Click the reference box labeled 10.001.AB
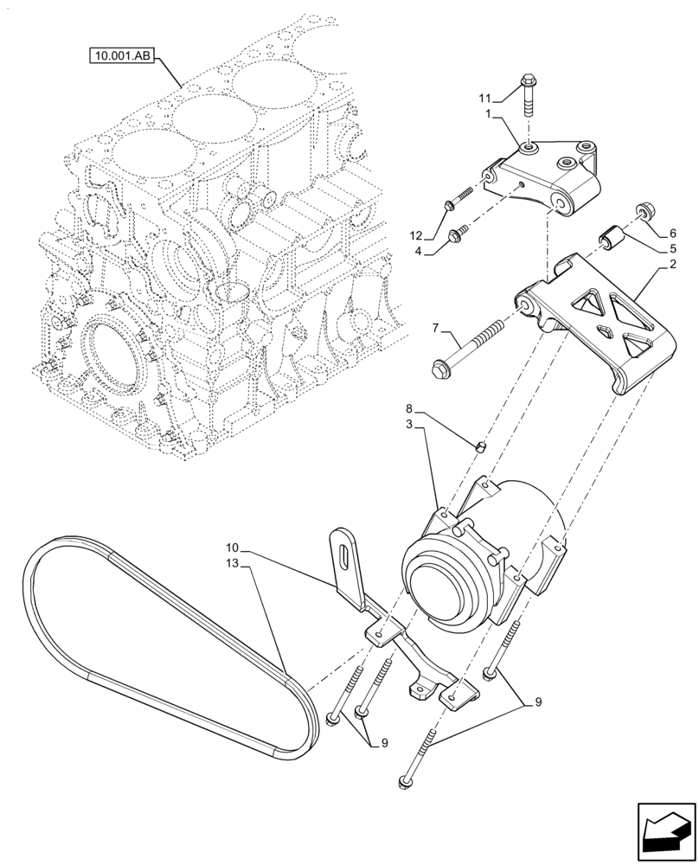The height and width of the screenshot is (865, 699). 122,58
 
